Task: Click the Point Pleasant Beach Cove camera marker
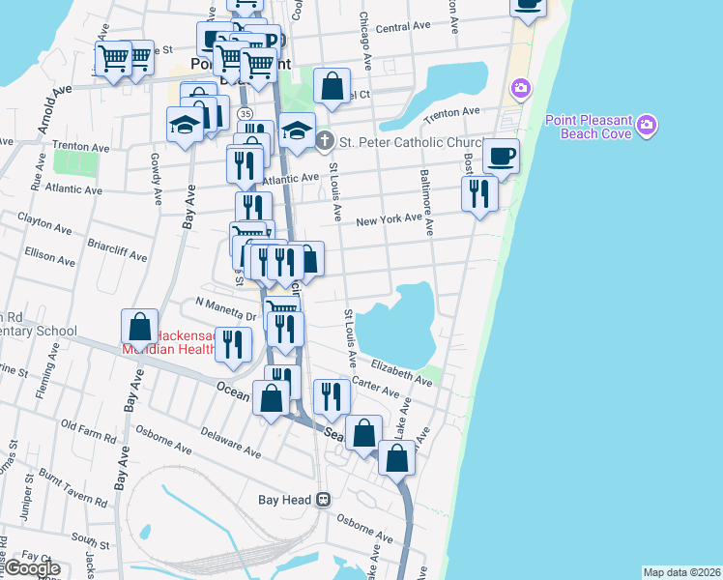tap(647, 125)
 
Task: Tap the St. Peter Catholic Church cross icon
tap(325, 141)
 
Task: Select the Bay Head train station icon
tap(324, 500)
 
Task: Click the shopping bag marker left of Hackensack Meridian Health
tap(139, 329)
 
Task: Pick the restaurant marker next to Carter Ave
tap(332, 395)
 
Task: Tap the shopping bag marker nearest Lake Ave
tap(396, 457)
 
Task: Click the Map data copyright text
tap(681, 572)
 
